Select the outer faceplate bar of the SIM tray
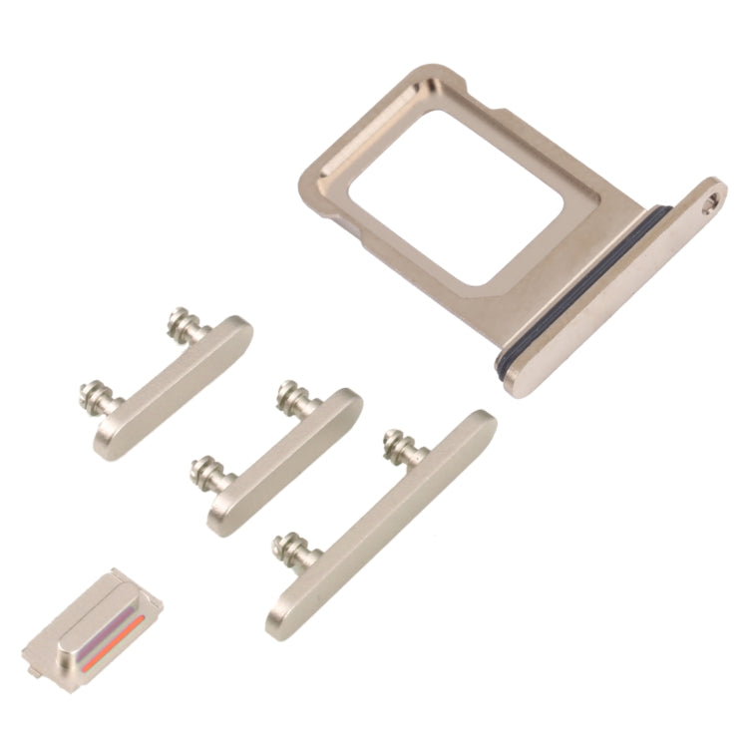click(618, 289)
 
